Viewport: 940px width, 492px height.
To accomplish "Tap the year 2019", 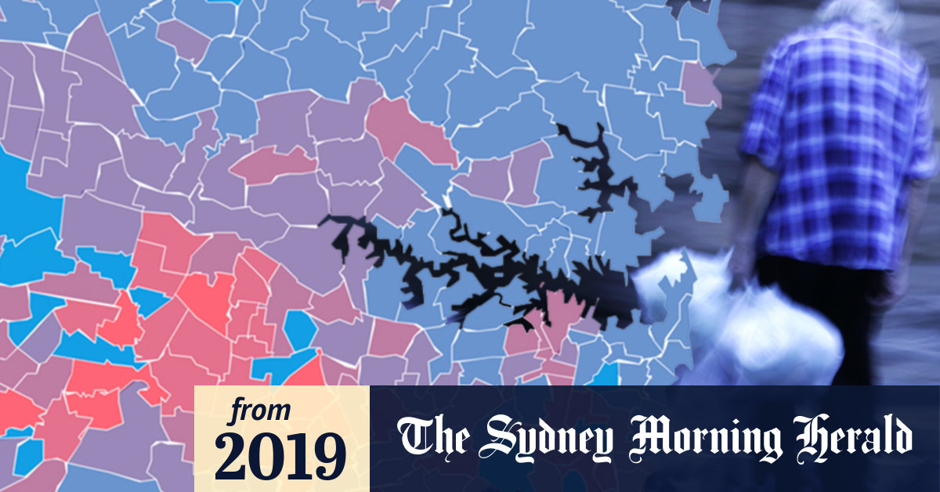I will [280, 456].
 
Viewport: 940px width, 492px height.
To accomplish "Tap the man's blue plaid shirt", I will [830, 141].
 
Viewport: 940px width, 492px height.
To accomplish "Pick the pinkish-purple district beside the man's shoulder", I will [700, 83].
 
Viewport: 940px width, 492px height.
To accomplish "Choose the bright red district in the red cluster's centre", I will [205, 294].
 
